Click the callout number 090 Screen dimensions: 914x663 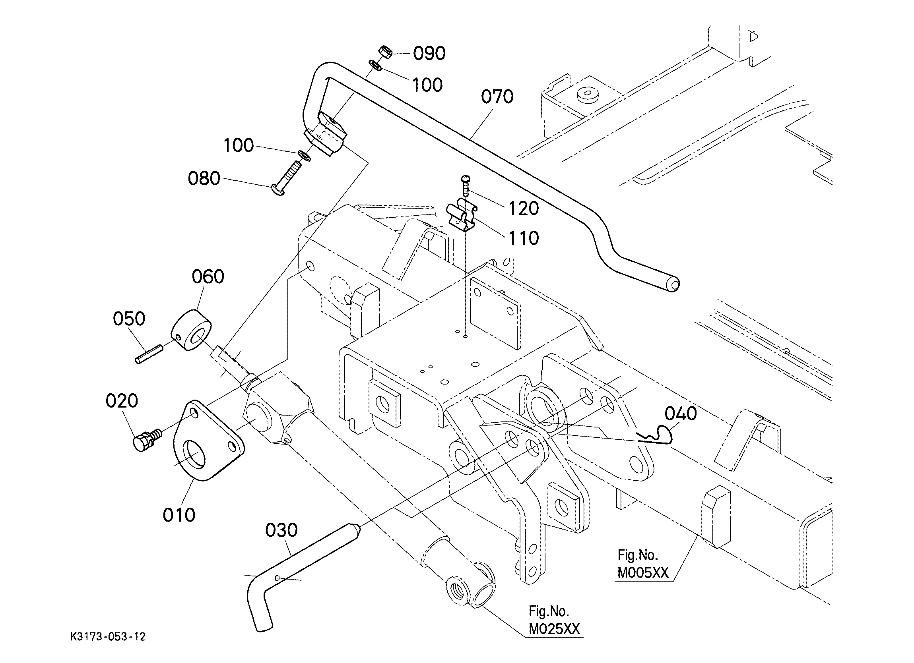point(430,54)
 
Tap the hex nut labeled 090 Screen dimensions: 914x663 point(386,52)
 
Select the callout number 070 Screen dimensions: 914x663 point(497,97)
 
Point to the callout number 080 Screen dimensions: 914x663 point(204,178)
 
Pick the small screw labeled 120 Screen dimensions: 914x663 point(466,185)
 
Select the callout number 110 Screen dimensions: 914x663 point(523,238)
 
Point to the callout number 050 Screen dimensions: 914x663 point(129,319)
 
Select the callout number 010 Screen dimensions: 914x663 point(179,515)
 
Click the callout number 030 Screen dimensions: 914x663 point(282,530)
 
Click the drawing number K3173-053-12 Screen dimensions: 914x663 point(108,637)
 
